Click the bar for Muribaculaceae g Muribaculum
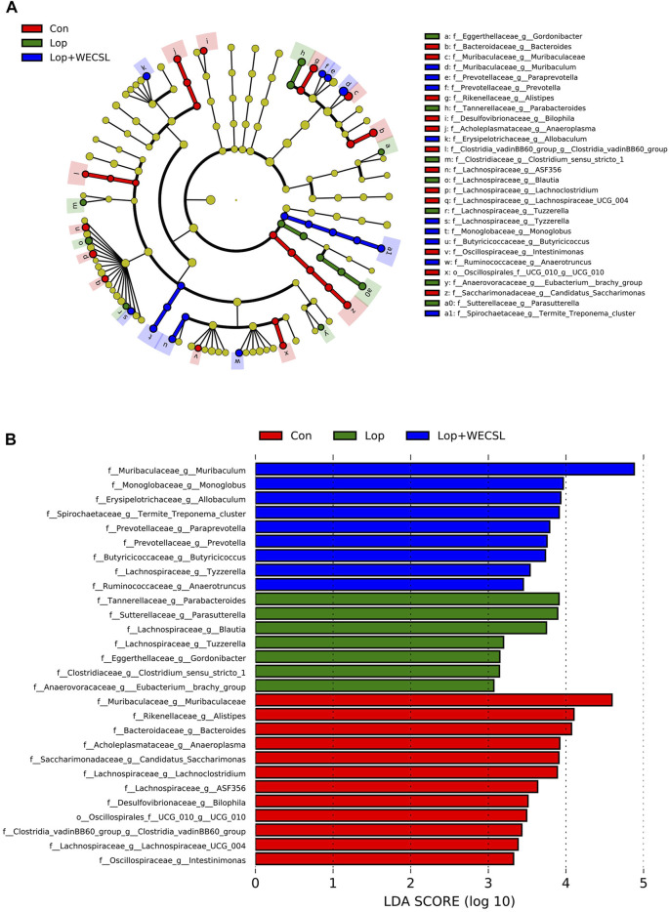pos(444,469)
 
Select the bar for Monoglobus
pos(409,483)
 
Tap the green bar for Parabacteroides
pos(406,599)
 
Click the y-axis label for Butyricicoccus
pos(180,556)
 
